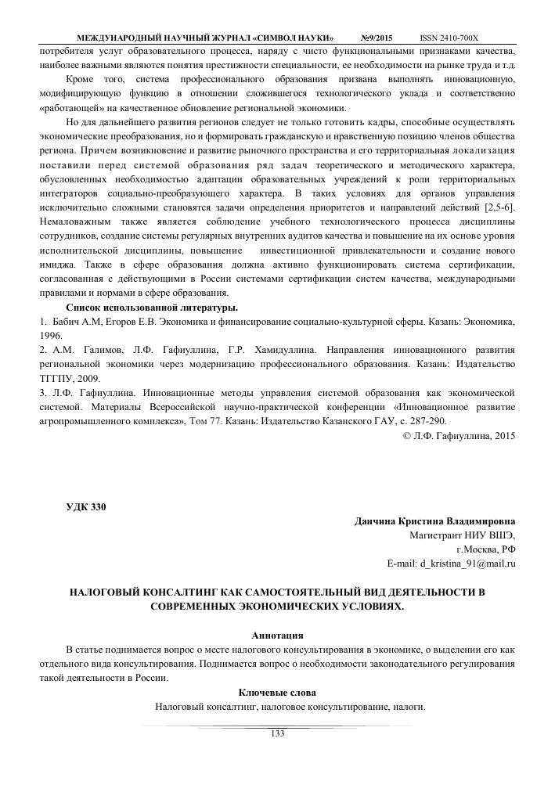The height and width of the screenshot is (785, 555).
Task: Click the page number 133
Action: [x=277, y=733]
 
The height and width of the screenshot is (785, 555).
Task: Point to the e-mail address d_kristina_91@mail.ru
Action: [x=452, y=563]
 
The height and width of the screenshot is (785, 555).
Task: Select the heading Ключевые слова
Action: [x=277, y=692]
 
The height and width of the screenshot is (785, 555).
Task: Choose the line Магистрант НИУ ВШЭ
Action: [x=463, y=535]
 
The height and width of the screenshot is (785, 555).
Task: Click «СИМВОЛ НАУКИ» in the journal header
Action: [x=293, y=38]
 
